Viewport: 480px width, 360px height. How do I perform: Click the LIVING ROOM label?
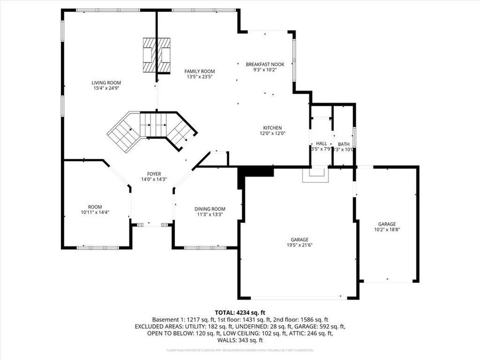[106, 83]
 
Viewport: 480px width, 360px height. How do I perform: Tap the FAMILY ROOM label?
[199, 71]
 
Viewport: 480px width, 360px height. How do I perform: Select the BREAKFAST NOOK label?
[265, 64]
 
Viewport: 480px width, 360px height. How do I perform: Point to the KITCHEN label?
[272, 127]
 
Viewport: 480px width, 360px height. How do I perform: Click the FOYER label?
[154, 174]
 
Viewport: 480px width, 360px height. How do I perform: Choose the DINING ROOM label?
[210, 209]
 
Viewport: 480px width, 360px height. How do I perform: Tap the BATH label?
[343, 143]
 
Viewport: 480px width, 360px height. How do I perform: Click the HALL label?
[321, 143]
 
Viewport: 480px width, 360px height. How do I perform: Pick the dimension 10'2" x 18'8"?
[387, 230]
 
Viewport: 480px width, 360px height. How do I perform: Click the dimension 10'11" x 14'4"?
[95, 212]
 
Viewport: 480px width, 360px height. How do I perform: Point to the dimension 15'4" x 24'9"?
[106, 89]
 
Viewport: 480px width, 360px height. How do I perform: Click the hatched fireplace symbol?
[157, 55]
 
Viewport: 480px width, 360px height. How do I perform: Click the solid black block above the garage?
[256, 172]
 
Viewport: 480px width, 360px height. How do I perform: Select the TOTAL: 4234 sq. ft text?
[240, 313]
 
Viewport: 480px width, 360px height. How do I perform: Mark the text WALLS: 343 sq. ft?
[240, 340]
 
